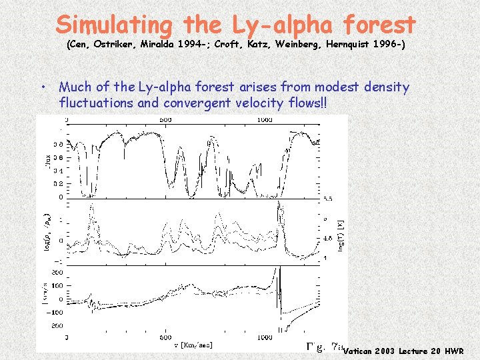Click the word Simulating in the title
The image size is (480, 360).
(x=113, y=25)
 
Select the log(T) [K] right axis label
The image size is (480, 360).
(x=340, y=233)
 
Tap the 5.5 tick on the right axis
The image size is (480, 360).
(x=327, y=199)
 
